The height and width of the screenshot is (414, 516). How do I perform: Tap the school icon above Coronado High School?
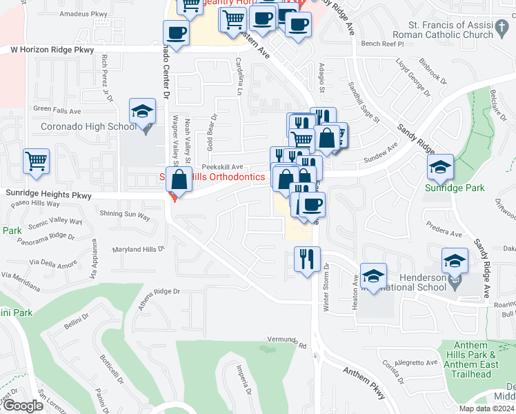(142, 112)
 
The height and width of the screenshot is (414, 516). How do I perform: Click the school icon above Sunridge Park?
(440, 166)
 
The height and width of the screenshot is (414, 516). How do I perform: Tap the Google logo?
(23, 405)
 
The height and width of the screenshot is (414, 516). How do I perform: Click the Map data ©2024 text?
(486, 408)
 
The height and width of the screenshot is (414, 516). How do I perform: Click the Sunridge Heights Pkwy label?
(46, 196)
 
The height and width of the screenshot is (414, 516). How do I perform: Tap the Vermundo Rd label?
(287, 342)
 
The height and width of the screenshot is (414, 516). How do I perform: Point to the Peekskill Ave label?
(222, 167)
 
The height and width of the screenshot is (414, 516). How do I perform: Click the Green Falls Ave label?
(57, 109)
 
